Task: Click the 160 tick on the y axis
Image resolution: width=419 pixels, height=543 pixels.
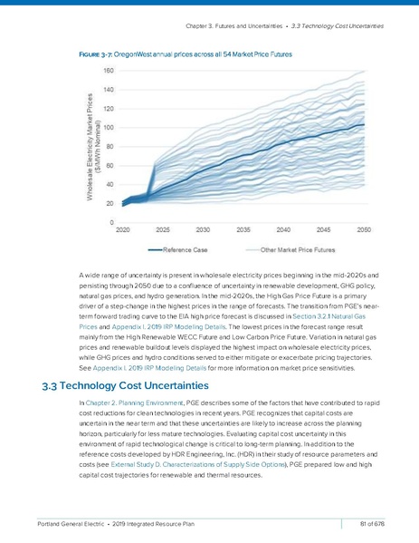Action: coord(108,71)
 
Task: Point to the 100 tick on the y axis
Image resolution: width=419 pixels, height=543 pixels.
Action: coord(108,128)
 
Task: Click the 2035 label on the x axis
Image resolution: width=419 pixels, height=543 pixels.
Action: coord(244,230)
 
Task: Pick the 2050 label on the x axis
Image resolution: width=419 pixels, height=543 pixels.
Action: coord(364,230)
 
